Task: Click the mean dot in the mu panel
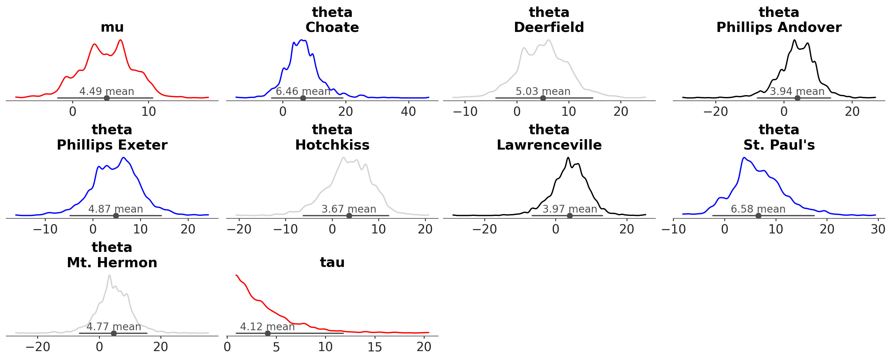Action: pyautogui.click(x=107, y=98)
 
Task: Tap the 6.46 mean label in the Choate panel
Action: pyautogui.click(x=303, y=92)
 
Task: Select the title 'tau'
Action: pyautogui.click(x=332, y=262)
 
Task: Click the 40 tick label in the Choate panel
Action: pyautogui.click(x=408, y=112)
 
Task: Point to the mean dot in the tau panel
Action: pyautogui.click(x=267, y=333)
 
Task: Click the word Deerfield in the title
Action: pyautogui.click(x=549, y=27)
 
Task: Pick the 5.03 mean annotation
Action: pyautogui.click(x=543, y=92)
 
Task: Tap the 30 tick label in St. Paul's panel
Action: pyautogui.click(x=878, y=229)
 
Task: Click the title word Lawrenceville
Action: pyautogui.click(x=549, y=145)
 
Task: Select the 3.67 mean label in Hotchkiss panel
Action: pyautogui.click(x=349, y=209)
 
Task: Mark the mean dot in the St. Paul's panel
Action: pyautogui.click(x=758, y=216)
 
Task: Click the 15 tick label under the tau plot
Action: pyautogui.click(x=375, y=347)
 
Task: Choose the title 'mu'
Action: pyautogui.click(x=112, y=27)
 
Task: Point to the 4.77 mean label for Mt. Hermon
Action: pyautogui.click(x=114, y=327)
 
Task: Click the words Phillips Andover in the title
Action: pyautogui.click(x=779, y=27)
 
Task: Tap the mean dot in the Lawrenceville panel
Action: pyautogui.click(x=570, y=216)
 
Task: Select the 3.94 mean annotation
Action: pyautogui.click(x=797, y=92)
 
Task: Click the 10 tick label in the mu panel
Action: pyautogui.click(x=148, y=112)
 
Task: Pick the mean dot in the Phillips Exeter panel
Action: pyautogui.click(x=116, y=216)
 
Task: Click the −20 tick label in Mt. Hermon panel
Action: pyautogui.click(x=38, y=347)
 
